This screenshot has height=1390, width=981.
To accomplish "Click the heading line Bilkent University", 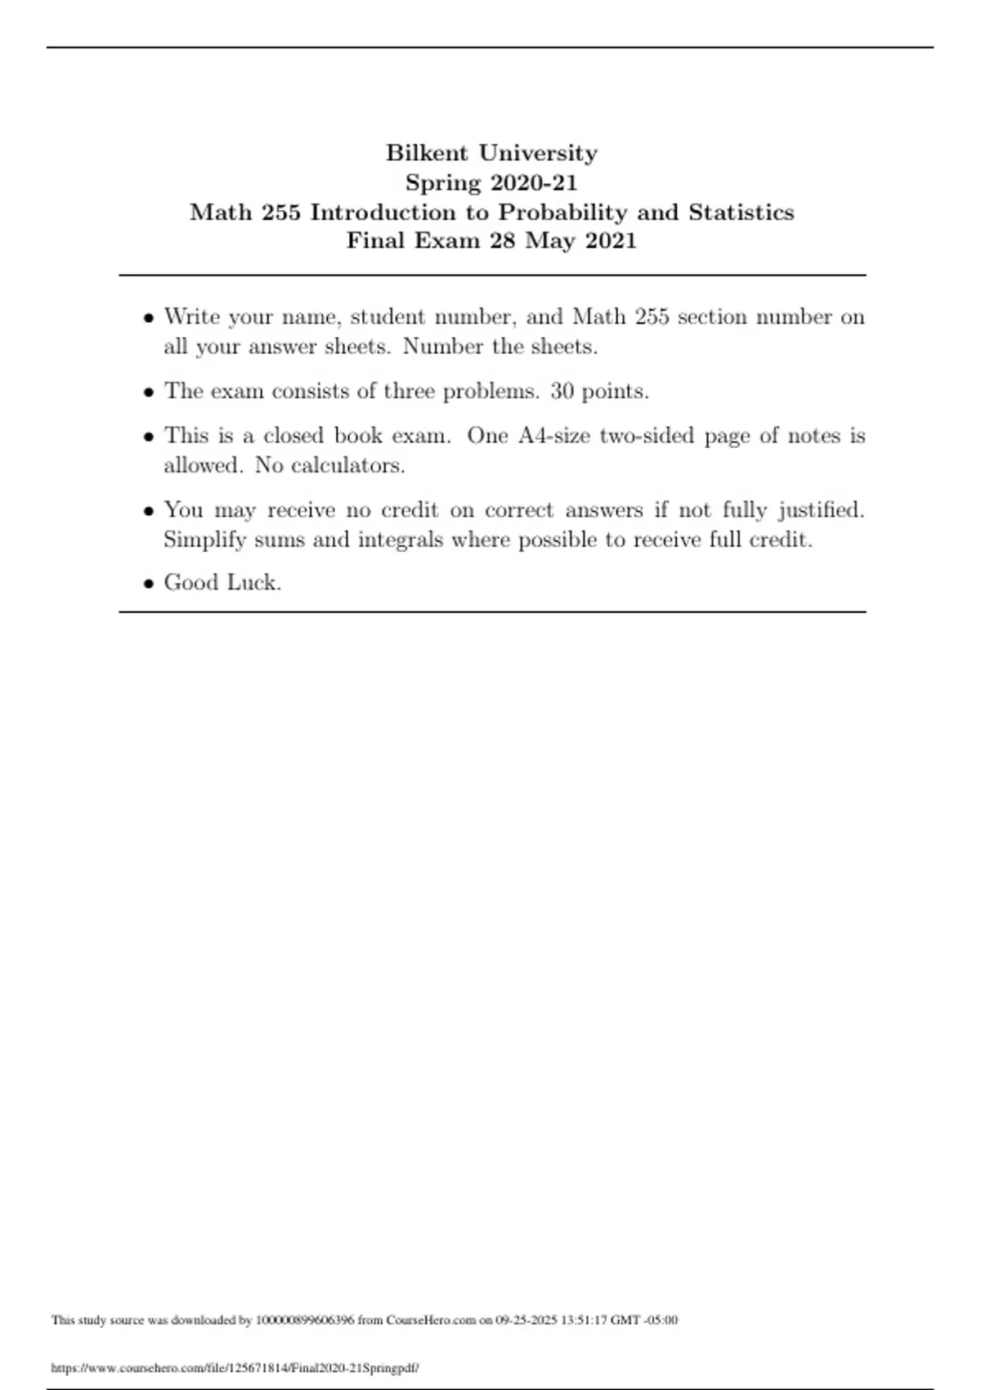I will point(491,153).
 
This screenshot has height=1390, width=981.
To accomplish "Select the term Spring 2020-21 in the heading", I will point(491,182).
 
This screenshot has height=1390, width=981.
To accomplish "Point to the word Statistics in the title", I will point(741,212).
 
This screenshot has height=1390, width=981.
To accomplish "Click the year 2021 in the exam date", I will point(610,240).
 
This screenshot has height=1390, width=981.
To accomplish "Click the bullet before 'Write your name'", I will point(148,318).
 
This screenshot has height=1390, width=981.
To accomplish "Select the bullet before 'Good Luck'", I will point(148,584).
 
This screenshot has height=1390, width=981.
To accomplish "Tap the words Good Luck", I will point(222,582).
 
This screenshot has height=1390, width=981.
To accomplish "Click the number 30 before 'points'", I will point(562,391).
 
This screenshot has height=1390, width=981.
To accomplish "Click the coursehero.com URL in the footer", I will point(235,1368).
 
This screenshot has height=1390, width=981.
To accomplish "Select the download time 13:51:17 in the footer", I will point(585,1320).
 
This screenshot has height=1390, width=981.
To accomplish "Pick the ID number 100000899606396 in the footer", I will point(305,1320).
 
